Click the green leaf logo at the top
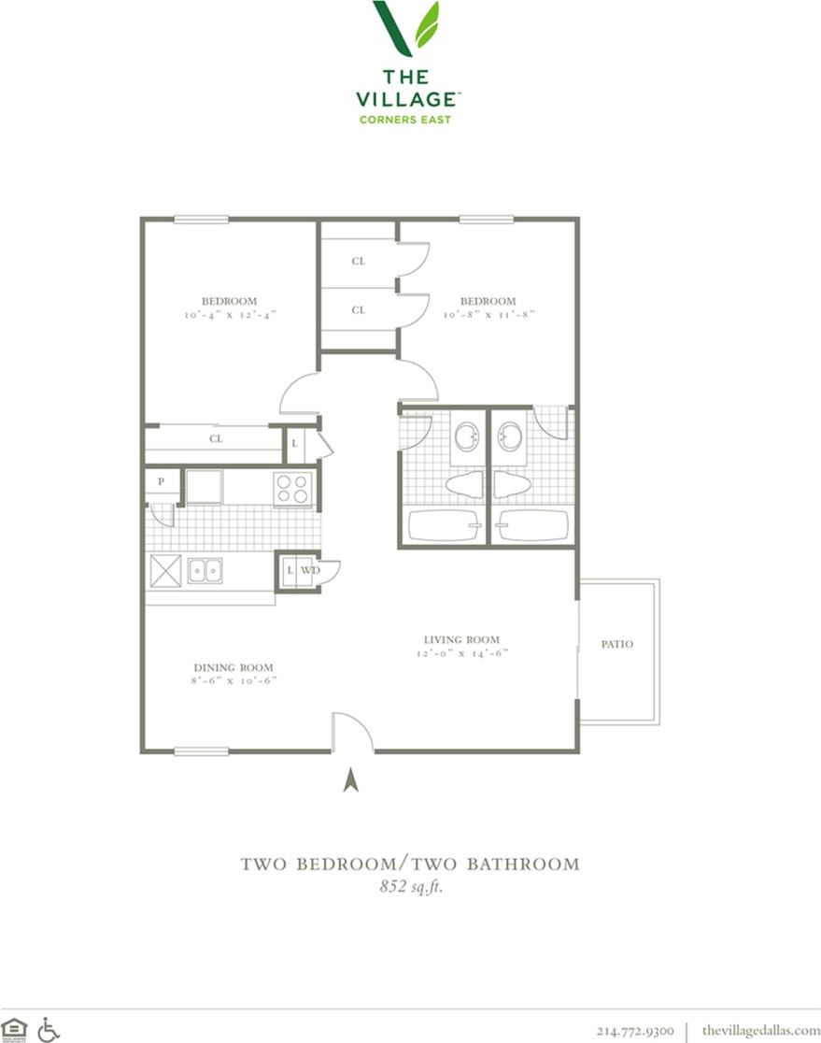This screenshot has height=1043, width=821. pyautogui.click(x=406, y=28)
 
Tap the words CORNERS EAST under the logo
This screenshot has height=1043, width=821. pyautogui.click(x=405, y=119)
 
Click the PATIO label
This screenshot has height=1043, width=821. pyautogui.click(x=616, y=644)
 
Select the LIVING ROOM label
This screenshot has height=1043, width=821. pyautogui.click(x=461, y=640)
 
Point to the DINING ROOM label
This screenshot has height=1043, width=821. pyautogui.click(x=234, y=667)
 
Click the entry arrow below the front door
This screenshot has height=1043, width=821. pyautogui.click(x=351, y=779)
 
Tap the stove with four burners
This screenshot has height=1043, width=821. pyautogui.click(x=292, y=488)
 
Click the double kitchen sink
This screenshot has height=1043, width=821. pyautogui.click(x=205, y=570)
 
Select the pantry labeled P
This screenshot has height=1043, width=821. pyautogui.click(x=162, y=481)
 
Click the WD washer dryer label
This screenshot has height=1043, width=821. pyautogui.click(x=310, y=570)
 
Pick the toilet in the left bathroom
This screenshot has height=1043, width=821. pyautogui.click(x=463, y=483)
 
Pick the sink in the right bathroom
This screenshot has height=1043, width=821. pyautogui.click(x=510, y=436)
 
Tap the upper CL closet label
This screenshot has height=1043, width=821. pyautogui.click(x=359, y=262)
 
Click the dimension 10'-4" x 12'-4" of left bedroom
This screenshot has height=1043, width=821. pyautogui.click(x=229, y=316)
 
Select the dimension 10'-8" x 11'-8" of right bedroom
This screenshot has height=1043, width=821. pyautogui.click(x=488, y=316)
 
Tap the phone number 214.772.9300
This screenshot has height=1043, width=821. pyautogui.click(x=635, y=1030)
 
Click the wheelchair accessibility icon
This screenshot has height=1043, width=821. pyautogui.click(x=49, y=1029)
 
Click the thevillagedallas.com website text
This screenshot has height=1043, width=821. pyautogui.click(x=760, y=1030)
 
